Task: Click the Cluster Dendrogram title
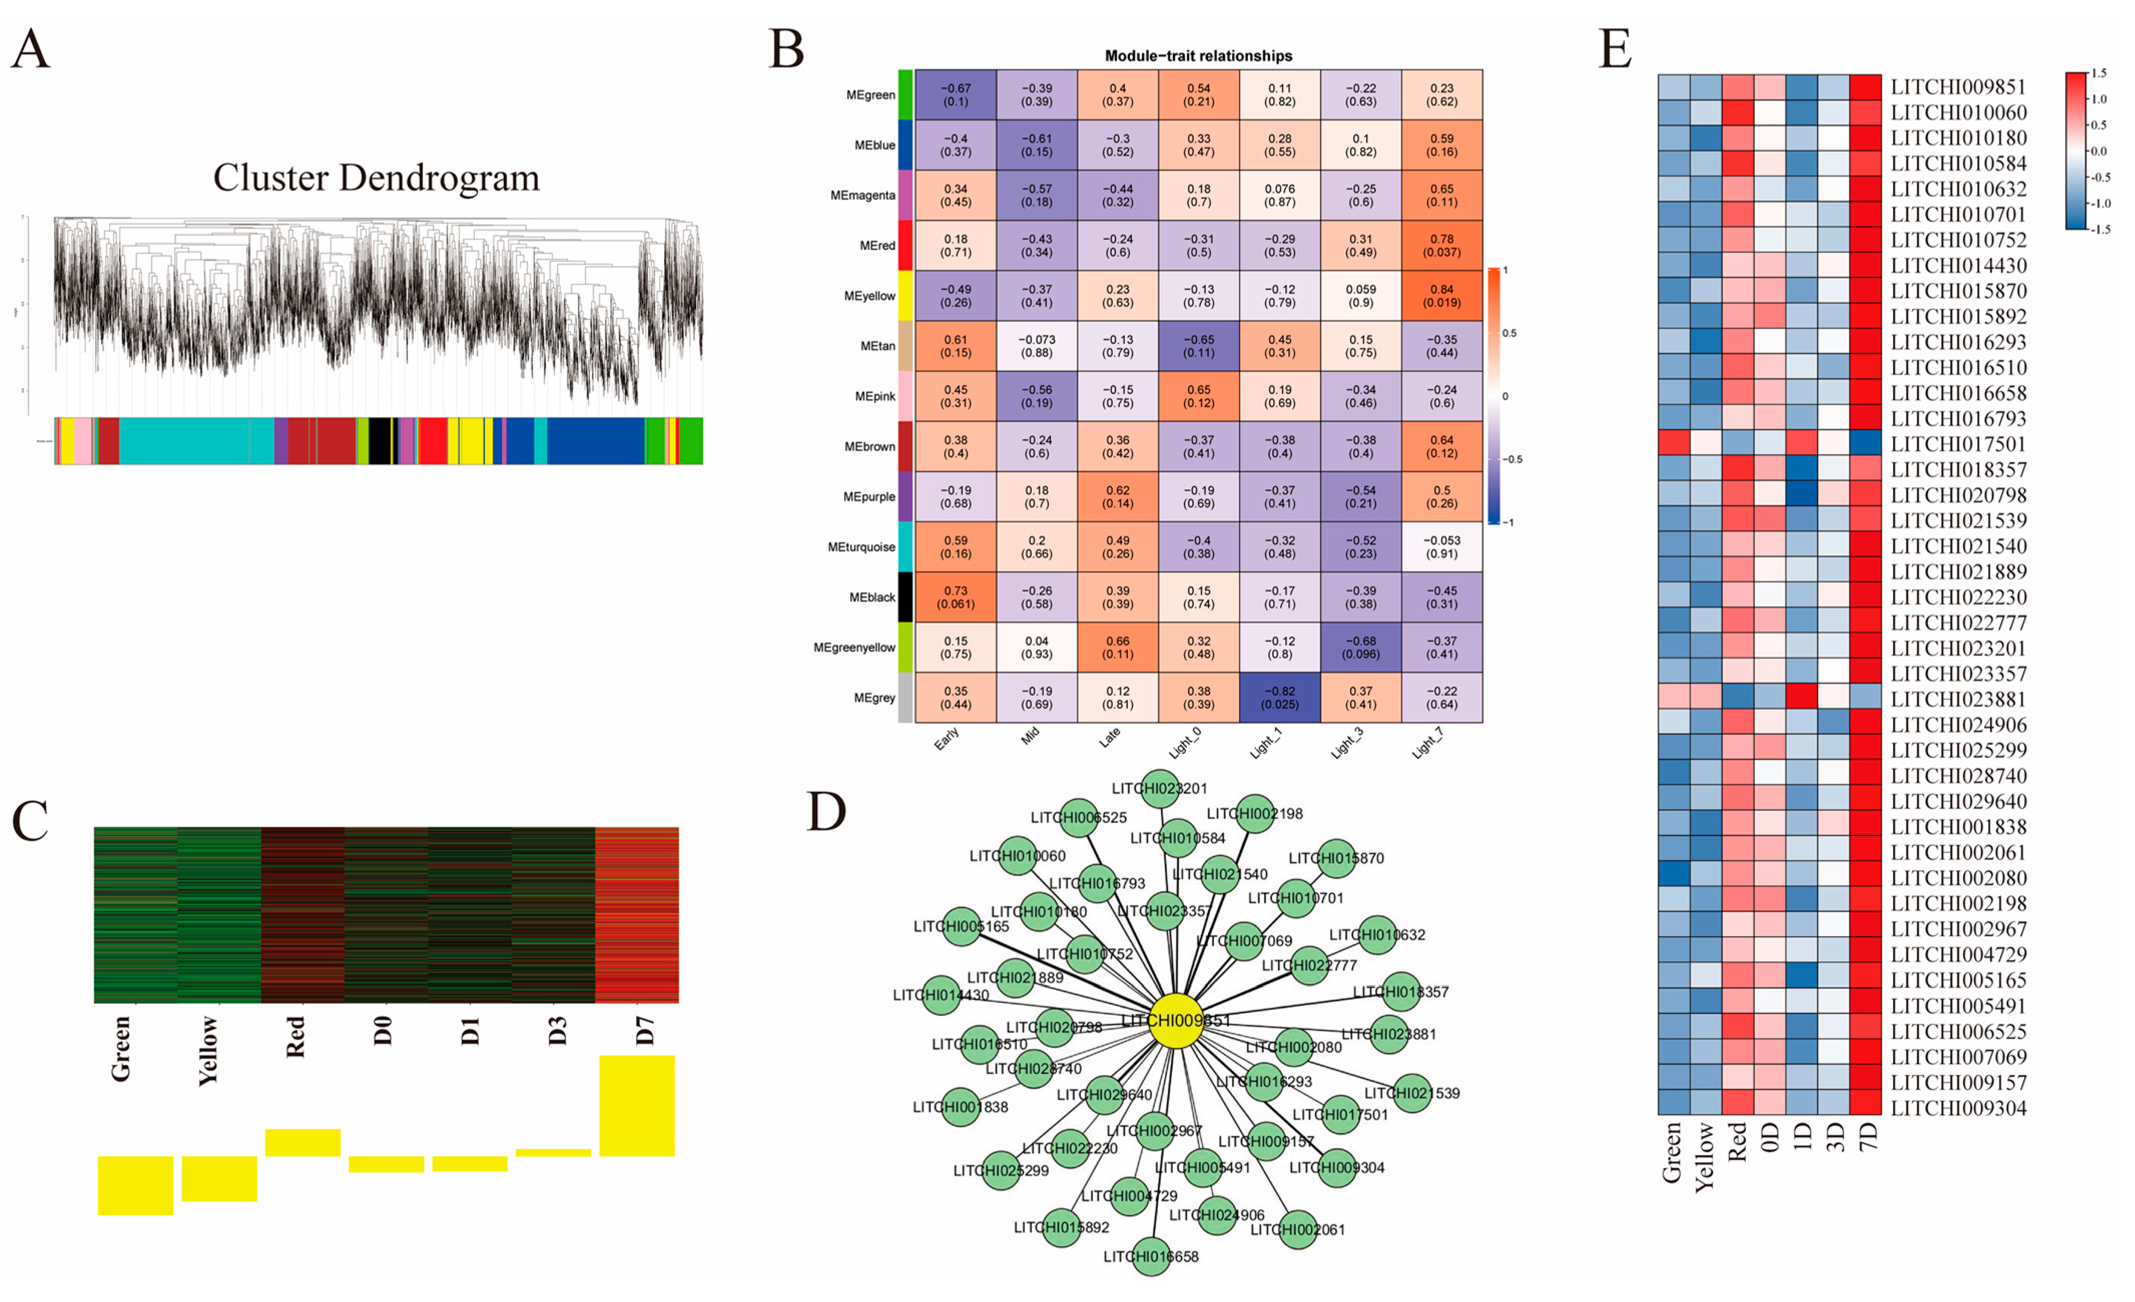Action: [x=376, y=178]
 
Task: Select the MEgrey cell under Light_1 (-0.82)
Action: [x=1279, y=698]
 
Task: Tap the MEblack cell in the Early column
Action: [x=955, y=597]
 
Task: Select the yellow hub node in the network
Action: [x=1176, y=1021]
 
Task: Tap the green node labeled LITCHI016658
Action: [x=1151, y=1256]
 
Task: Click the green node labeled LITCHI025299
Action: [x=1002, y=1170]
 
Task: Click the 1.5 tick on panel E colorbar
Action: [x=2098, y=74]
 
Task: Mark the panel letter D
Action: [x=826, y=812]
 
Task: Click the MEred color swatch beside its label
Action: [x=904, y=245]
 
